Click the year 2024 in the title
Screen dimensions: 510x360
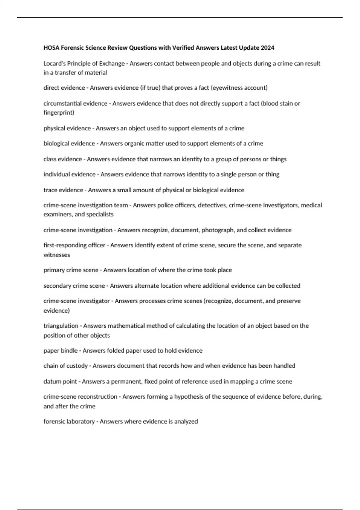coord(267,48)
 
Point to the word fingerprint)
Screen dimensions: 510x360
coord(59,112)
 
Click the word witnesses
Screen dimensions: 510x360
coord(57,255)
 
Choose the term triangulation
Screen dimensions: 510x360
coord(61,326)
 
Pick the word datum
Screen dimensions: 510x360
coord(52,381)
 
